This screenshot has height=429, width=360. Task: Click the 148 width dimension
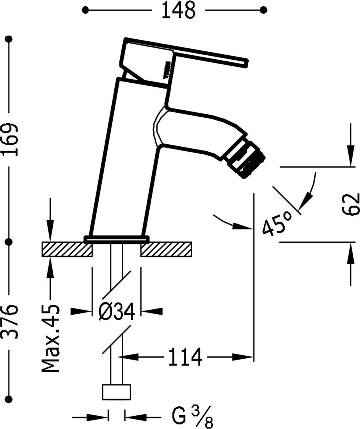tap(178, 11)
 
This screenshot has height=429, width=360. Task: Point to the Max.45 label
tap(51, 338)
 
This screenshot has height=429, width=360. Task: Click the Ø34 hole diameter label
tap(116, 312)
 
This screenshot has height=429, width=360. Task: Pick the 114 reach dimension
tap(185, 357)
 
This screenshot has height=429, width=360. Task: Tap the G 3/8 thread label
tap(193, 417)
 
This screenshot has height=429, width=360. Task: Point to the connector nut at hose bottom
tap(116, 392)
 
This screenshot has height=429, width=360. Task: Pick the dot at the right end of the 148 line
tap(264, 10)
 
